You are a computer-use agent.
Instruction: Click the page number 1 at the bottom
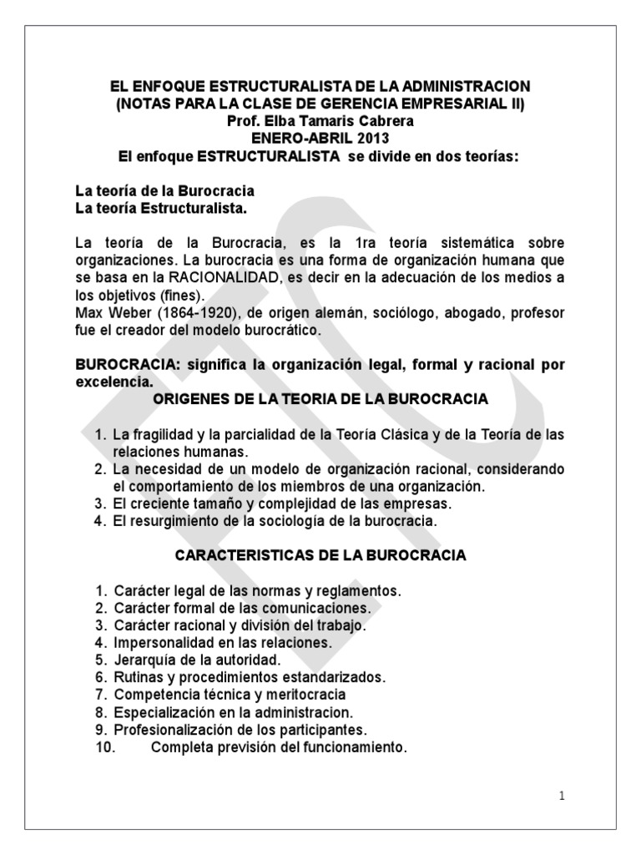click(x=563, y=796)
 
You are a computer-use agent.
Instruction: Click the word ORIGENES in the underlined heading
click(x=191, y=399)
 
